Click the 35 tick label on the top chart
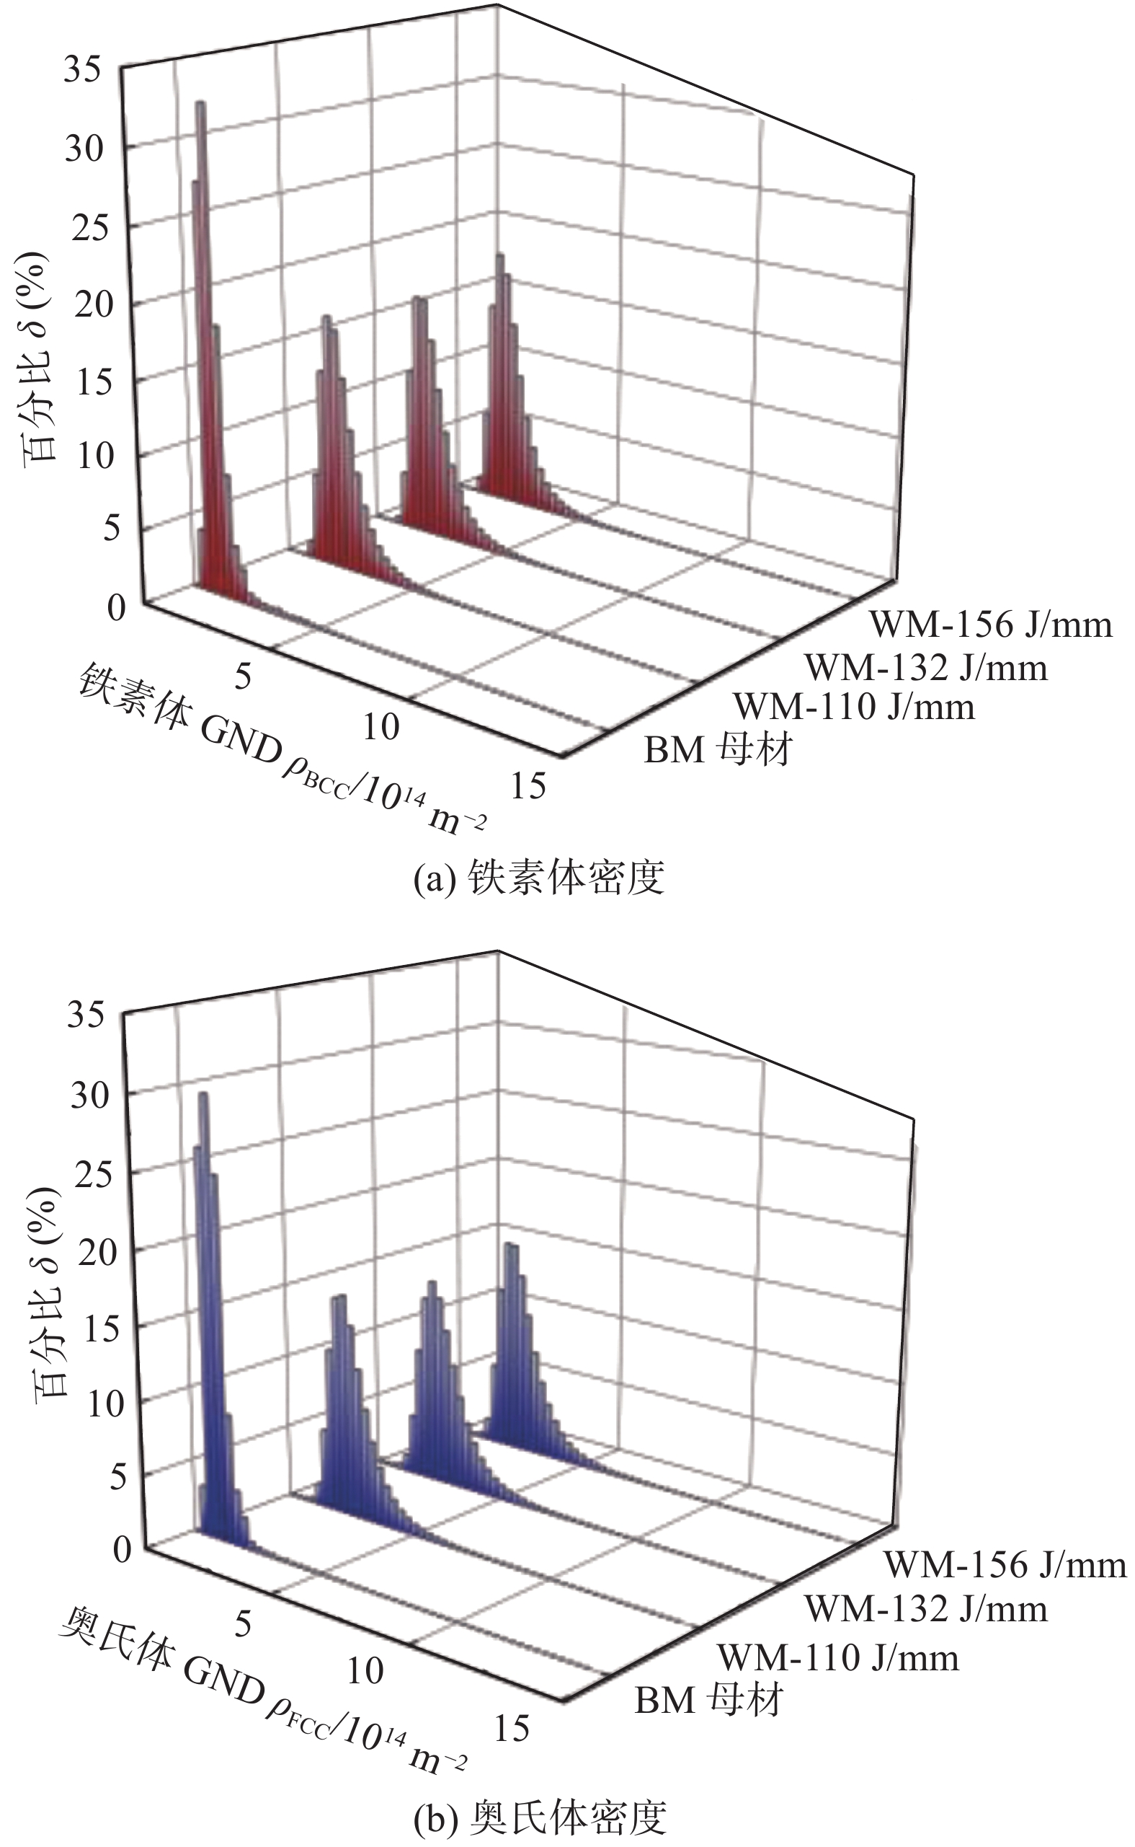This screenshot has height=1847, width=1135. [84, 71]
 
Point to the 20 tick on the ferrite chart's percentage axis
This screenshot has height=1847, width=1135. [94, 305]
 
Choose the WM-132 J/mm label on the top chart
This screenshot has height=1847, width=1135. [925, 668]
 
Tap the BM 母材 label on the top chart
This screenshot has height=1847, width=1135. [718, 749]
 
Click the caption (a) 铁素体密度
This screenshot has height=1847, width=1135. [539, 877]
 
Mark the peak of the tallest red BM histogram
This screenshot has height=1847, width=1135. [200, 104]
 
